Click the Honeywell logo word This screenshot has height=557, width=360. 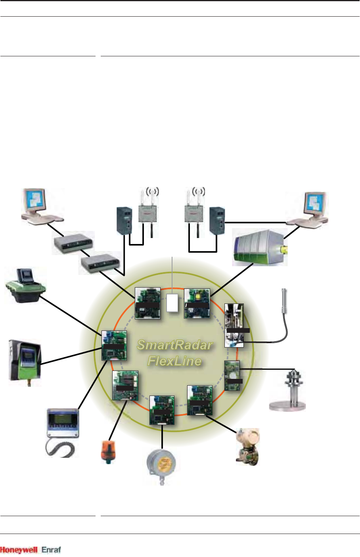(x=19, y=550)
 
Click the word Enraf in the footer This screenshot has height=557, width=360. (x=52, y=550)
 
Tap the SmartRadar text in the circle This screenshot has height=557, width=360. (x=174, y=345)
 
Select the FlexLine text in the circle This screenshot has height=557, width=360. (x=174, y=361)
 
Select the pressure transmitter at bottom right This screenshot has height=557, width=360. (x=247, y=446)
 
